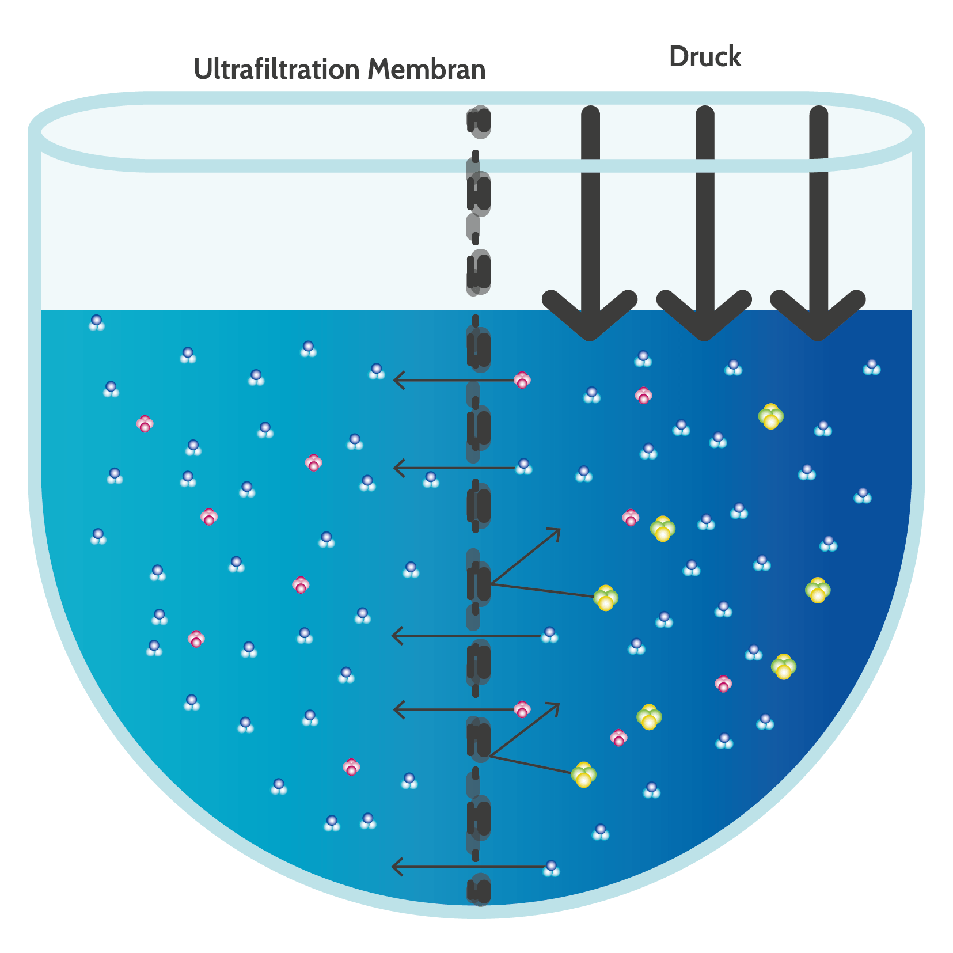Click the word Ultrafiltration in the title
tap(277, 69)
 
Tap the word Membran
tap(427, 69)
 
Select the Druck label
tap(705, 57)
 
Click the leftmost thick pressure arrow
tap(590, 223)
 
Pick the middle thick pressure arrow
tap(704, 223)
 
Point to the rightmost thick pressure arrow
tap(818, 223)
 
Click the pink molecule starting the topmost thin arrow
tap(522, 380)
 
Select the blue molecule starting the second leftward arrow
tap(523, 466)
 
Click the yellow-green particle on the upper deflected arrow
tap(606, 598)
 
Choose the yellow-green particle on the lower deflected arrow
tap(584, 774)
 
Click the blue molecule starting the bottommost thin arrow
tap(552, 868)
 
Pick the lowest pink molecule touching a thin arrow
tap(522, 709)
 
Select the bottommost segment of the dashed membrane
tap(479, 890)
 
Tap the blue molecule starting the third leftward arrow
tap(550, 635)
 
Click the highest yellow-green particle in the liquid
tap(771, 416)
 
